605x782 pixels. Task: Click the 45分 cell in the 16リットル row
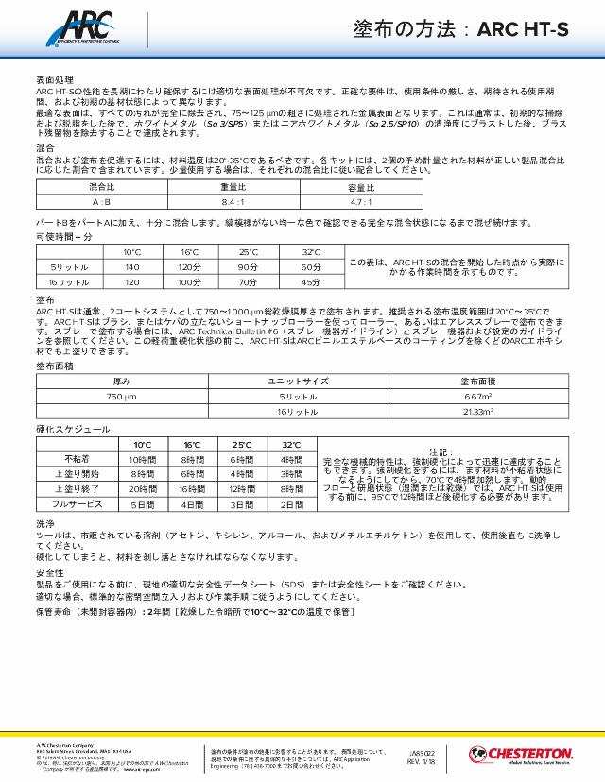[311, 282]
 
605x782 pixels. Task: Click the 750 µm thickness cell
[122, 398]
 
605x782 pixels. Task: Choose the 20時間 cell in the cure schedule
[142, 489]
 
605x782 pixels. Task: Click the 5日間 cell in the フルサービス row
[142, 505]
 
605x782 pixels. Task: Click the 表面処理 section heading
[54, 81]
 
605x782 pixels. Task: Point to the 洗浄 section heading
[44, 522]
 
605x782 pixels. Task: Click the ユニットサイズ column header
[298, 382]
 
